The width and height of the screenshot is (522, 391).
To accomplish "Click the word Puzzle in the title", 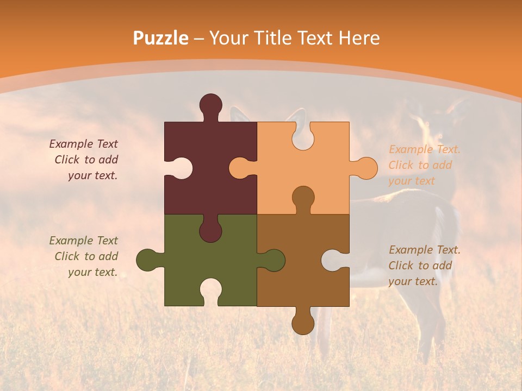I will point(161,38).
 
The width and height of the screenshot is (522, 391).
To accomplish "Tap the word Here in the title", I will point(359,38).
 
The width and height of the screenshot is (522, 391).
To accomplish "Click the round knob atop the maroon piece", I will point(210,104).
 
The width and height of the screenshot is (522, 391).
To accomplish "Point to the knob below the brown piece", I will point(303,323).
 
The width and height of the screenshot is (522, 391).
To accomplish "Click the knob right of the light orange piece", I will point(365,168).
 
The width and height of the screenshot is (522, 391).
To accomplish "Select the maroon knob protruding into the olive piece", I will point(210,231).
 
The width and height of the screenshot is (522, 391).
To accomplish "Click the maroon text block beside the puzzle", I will point(84,160).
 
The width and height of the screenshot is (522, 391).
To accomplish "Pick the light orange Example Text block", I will point(424,165).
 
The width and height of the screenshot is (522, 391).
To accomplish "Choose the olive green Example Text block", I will point(84,256).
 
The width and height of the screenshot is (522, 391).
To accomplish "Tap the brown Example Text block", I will point(424,266).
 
